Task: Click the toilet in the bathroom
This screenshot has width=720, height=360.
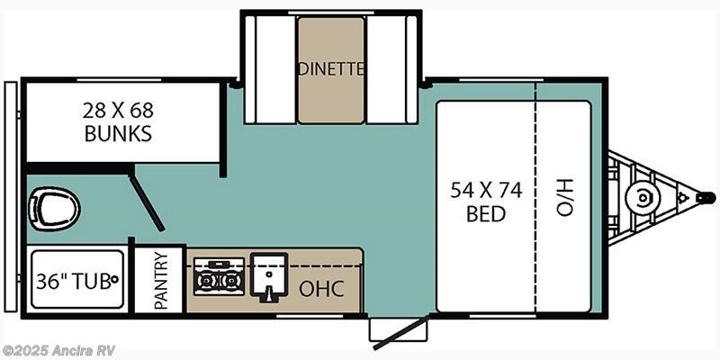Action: point(54,210)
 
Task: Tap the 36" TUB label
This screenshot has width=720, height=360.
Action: point(74,281)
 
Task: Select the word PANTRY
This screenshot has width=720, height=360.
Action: point(162,280)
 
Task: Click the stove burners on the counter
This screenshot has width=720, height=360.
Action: point(219,276)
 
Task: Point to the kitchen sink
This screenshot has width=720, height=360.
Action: point(269,277)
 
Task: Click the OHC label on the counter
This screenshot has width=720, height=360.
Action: point(321,289)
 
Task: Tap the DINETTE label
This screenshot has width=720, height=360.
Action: point(331,69)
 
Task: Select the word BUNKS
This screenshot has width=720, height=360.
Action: point(118,133)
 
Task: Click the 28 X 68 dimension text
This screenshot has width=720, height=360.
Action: point(118,110)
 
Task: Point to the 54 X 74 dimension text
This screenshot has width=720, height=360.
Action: point(486,190)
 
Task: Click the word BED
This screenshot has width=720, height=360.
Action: point(486,214)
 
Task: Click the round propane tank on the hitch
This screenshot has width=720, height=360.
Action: point(643,198)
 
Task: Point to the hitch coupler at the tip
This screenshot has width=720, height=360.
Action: point(706,198)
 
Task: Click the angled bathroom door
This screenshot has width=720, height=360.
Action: point(147,202)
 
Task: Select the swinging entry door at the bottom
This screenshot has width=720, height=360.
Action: point(401,332)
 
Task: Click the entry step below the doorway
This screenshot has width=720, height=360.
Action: point(399,329)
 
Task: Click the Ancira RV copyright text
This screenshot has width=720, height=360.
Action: point(58,350)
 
